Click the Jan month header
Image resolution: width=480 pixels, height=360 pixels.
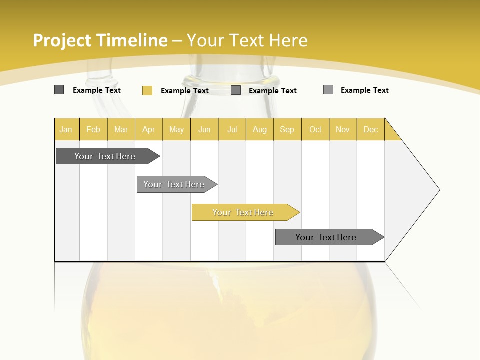point(66,129)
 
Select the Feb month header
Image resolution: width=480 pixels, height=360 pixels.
point(93,129)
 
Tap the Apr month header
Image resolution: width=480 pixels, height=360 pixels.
point(148,129)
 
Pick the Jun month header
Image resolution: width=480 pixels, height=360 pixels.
point(204,129)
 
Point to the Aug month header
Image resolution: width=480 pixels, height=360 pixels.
point(259,129)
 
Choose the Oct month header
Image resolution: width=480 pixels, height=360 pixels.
point(315,129)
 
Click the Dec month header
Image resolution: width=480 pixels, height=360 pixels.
point(370,129)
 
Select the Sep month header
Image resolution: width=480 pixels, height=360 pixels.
point(287,129)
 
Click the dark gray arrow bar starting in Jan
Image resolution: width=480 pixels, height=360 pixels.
point(105,156)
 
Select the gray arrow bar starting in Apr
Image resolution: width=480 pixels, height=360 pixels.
point(174,184)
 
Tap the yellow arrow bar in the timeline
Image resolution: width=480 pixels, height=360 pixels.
point(243,212)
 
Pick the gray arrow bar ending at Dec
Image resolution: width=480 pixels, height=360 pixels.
point(326,237)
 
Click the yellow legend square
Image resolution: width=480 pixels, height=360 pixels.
point(147,90)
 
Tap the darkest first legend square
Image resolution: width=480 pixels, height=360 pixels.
point(59,90)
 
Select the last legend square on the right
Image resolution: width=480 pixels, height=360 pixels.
point(328,90)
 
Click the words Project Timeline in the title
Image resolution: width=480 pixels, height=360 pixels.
point(100,40)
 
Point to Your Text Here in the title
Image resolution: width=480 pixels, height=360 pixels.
point(247,40)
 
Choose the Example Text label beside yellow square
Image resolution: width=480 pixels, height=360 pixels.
point(185,91)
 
